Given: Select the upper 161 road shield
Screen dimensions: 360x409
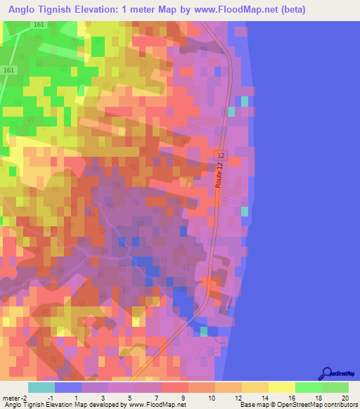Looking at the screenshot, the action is [x=38, y=25].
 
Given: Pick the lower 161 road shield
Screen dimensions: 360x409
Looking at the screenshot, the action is [x=8, y=70].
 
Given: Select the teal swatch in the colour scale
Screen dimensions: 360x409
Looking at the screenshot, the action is [x=41, y=387].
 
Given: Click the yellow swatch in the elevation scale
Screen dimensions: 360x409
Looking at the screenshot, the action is [x=282, y=387].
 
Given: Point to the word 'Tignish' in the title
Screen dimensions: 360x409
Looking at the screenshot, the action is [x=64, y=11].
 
